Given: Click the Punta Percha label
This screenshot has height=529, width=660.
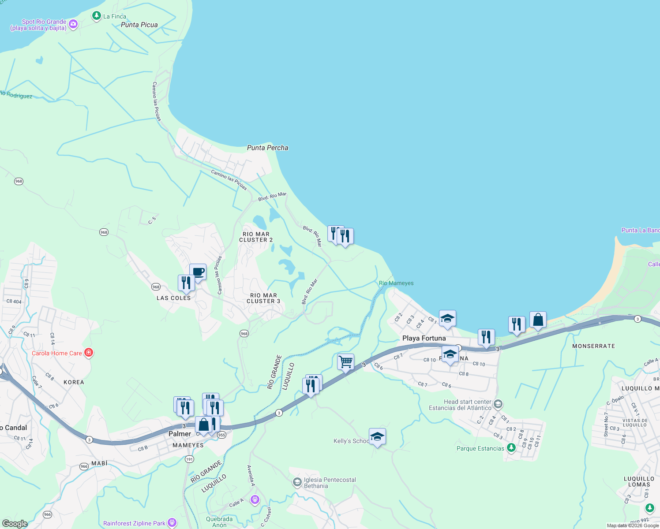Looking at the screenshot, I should click(267, 148).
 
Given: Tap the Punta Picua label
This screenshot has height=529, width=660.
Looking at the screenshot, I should click(139, 25).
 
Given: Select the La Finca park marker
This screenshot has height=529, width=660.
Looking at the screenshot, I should click(96, 16).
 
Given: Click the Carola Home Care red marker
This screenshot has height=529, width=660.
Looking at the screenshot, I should click(89, 353).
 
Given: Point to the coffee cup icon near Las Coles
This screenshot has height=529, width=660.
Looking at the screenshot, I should click(198, 272).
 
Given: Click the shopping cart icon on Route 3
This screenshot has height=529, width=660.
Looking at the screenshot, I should click(345, 362).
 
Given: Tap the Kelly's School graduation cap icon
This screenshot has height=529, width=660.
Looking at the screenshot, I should click(377, 436).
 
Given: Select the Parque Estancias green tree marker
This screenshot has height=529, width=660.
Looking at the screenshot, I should click(511, 448).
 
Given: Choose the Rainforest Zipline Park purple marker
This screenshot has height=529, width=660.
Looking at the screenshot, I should click(172, 523).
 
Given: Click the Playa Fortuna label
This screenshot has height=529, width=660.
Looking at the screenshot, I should click(424, 338).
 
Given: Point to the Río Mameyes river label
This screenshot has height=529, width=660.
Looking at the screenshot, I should click(396, 283).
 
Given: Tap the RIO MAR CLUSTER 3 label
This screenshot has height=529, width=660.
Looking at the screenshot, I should click(263, 298).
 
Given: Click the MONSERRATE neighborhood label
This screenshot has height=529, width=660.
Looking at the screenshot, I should click(593, 346).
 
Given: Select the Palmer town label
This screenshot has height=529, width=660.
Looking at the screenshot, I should click(180, 434).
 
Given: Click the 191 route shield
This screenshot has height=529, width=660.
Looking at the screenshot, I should click(189, 459).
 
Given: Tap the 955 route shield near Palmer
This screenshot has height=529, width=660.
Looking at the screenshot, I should click(221, 435).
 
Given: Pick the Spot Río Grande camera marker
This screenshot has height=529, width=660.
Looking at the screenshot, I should click(73, 25).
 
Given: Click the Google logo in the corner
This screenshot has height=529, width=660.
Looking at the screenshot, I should click(15, 524).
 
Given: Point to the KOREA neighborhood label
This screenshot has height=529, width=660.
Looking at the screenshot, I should click(74, 382).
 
